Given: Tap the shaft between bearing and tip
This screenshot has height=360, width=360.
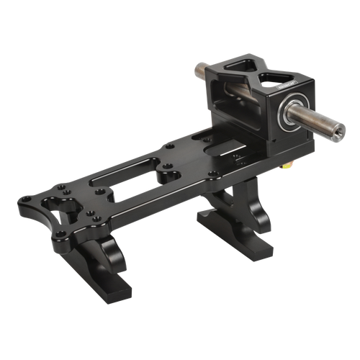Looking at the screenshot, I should click(x=313, y=122).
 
